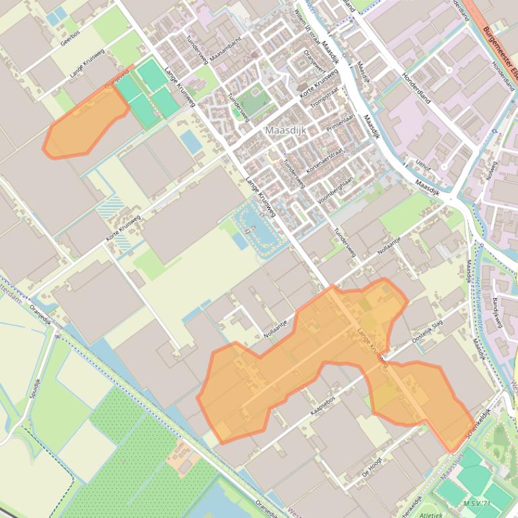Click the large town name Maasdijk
coord(285,130)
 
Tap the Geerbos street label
coord(70,42)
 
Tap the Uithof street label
coord(422,163)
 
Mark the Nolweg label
coord(492,171)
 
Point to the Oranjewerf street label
coord(313,60)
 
